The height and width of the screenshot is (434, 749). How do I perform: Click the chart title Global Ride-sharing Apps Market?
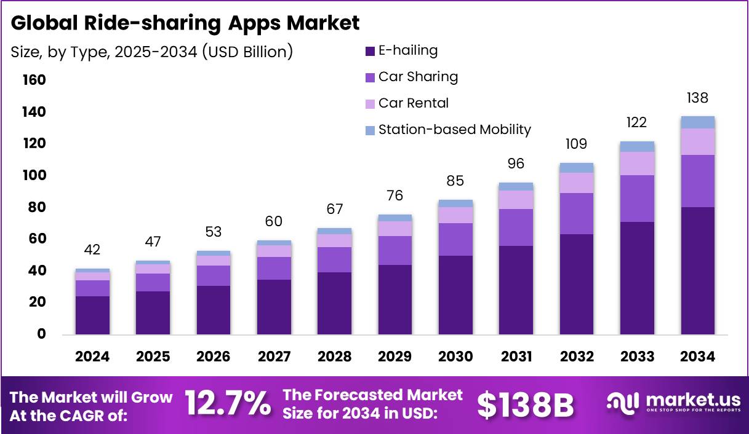185,23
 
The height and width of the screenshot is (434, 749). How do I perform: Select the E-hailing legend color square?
370,51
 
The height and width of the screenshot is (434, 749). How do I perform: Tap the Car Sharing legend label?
418,77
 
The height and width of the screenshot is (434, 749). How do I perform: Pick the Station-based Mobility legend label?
454,129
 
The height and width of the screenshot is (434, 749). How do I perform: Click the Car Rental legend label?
414,103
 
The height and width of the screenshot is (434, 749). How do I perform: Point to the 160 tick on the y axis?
34,80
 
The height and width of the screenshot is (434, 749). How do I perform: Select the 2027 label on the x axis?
274,357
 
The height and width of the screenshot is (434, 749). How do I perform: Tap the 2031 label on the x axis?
516,357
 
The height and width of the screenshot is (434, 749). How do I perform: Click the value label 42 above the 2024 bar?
92,250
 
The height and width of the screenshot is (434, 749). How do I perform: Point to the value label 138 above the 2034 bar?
697,98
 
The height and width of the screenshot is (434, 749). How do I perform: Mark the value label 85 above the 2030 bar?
455,181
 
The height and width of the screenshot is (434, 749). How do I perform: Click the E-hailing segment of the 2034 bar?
697,270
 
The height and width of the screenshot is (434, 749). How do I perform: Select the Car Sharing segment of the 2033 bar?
637,199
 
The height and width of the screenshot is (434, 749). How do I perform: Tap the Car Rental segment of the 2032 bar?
577,183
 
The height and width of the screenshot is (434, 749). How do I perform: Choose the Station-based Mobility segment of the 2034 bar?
697,122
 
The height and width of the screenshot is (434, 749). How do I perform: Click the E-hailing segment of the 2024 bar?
92,315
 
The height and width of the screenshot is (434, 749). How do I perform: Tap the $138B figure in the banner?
525,404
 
